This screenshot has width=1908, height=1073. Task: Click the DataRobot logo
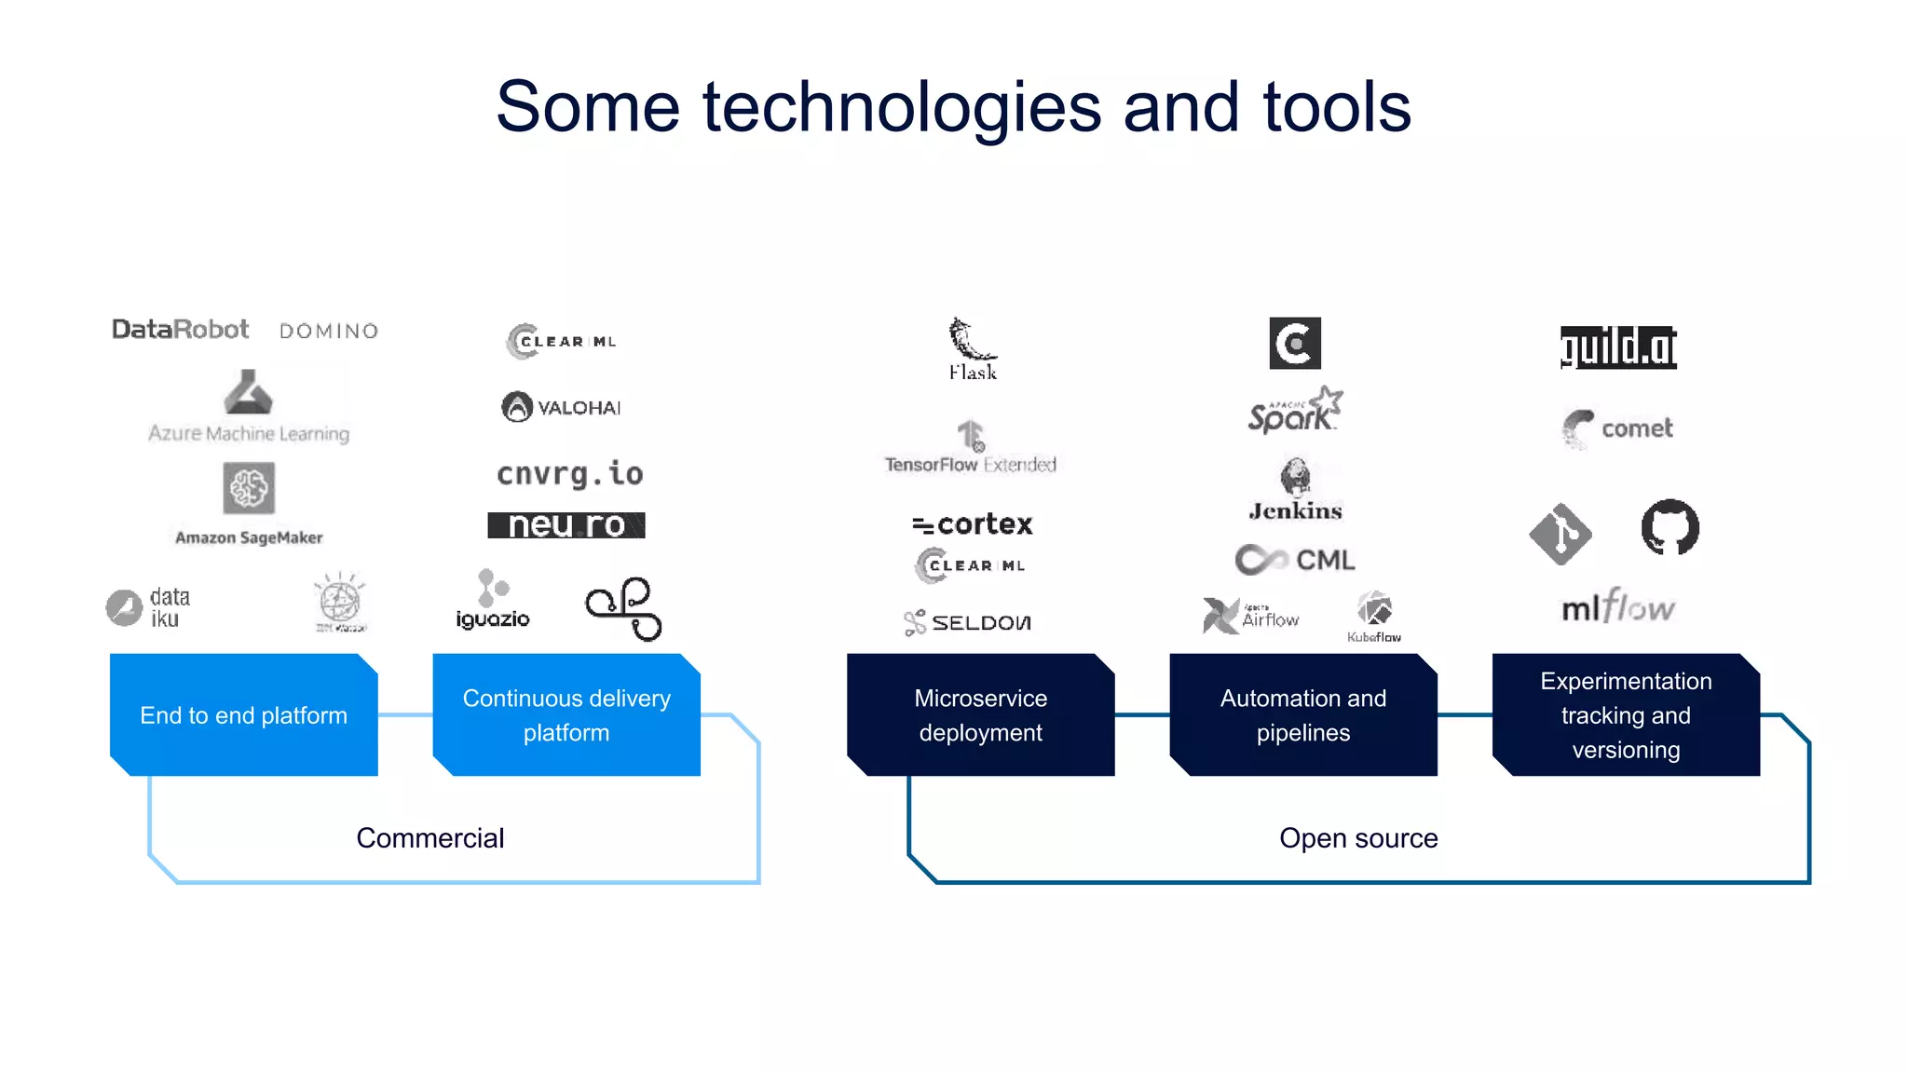tap(180, 330)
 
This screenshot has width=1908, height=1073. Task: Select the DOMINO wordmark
tap(329, 332)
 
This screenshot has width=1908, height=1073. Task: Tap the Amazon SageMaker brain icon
tap(249, 488)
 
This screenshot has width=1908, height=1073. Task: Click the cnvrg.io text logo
tap(569, 474)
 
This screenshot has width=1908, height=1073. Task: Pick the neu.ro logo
tap(566, 525)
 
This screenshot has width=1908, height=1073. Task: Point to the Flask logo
tap(973, 350)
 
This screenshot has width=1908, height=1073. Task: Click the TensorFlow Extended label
tap(970, 465)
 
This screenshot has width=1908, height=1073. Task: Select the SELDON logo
tap(968, 622)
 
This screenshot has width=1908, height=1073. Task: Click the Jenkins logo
tap(1295, 490)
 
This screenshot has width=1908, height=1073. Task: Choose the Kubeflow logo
tap(1374, 616)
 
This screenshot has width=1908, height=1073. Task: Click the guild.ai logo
tap(1618, 347)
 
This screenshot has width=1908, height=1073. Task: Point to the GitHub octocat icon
tap(1669, 527)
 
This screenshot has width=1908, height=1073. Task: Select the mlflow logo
tap(1618, 608)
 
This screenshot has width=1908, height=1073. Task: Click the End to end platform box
tap(244, 715)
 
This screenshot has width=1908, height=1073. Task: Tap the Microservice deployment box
tap(980, 715)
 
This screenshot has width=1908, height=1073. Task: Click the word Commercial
tap(429, 838)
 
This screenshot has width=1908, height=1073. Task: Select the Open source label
tap(1358, 838)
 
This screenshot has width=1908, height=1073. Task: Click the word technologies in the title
tap(901, 107)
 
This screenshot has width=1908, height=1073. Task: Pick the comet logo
tap(1618, 428)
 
